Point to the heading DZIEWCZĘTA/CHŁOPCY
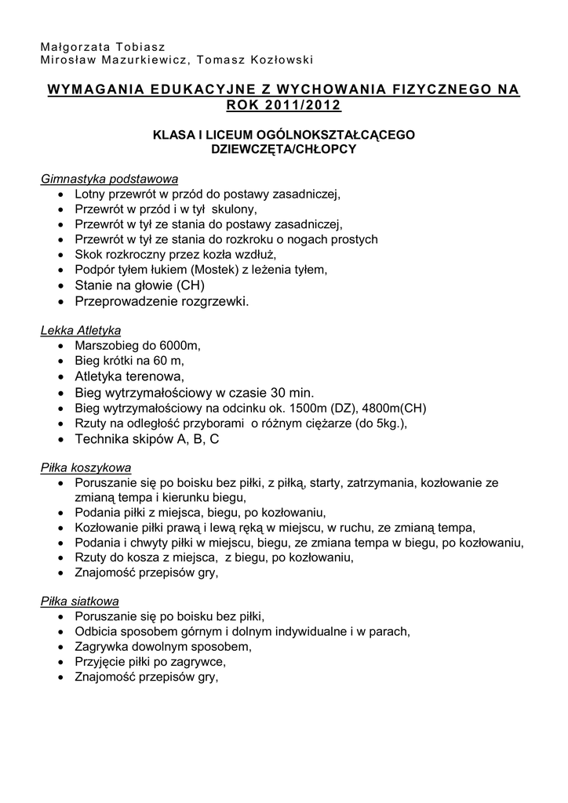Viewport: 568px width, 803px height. pos(284,149)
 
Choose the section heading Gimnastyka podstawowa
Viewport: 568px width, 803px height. pos(110,178)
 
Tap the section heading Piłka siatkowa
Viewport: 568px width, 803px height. pos(80,601)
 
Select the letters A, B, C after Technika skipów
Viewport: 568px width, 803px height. pos(198,440)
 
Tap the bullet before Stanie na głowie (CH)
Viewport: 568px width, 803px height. pos(63,285)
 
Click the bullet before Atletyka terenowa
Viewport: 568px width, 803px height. pos(63,376)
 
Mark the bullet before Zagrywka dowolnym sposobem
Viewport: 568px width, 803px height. pos(63,648)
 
